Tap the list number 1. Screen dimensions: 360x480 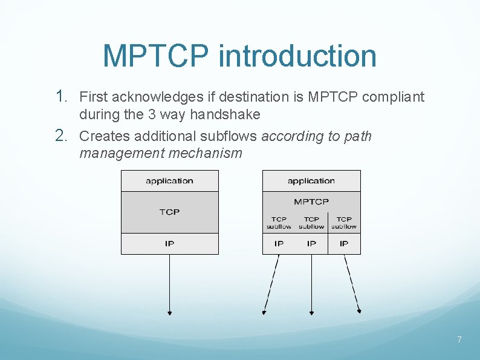61,96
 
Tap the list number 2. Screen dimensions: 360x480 61,136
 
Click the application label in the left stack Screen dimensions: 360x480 169,181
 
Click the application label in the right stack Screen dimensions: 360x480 311,181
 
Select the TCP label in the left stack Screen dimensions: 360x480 169,212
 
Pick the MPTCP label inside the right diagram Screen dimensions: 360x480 311,201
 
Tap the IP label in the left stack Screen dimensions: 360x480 169,243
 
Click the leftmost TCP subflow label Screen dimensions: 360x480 279,223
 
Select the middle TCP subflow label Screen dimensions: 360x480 311,223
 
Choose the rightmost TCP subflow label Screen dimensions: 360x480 344,223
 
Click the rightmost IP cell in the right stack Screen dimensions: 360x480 344,244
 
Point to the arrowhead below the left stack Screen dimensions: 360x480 169,312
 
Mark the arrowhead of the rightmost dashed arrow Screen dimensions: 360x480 359,311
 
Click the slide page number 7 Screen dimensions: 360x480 459,340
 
